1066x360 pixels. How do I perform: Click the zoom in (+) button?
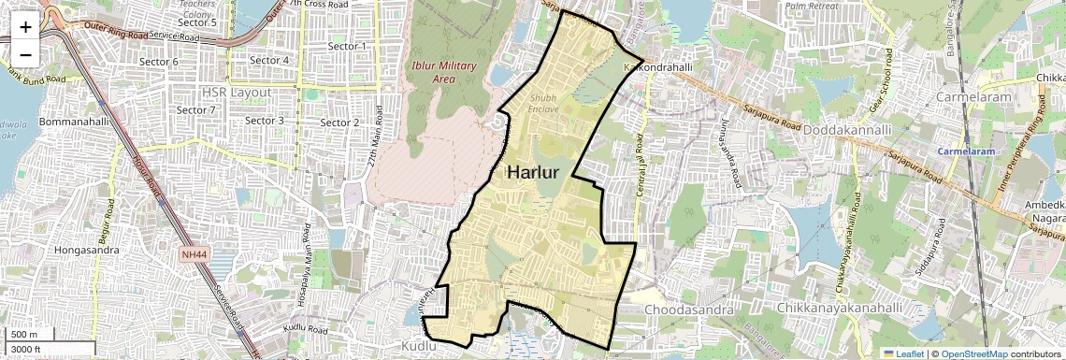tap(25, 26)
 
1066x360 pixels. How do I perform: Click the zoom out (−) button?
tap(25, 53)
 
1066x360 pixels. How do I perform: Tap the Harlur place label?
tap(532, 173)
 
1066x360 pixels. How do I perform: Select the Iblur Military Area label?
tap(444, 72)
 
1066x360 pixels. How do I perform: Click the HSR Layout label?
tap(236, 93)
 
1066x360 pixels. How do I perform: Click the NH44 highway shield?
tap(194, 254)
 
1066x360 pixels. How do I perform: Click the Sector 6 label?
tap(158, 62)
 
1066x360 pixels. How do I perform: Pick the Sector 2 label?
tap(339, 122)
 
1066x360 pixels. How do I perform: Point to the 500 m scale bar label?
tap(24, 335)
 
